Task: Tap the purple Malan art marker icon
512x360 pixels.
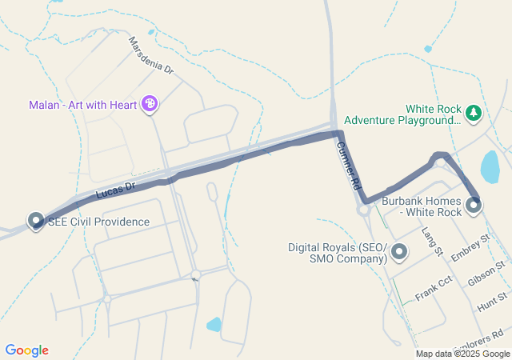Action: (x=149, y=103)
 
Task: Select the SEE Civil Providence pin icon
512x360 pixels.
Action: (x=35, y=220)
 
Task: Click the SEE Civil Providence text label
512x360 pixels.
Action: (x=99, y=222)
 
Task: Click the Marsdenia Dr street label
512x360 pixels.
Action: (x=150, y=55)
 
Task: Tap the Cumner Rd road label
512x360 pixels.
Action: (x=349, y=165)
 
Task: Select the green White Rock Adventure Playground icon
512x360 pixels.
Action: (x=474, y=113)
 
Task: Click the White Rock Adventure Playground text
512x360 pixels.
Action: (x=433, y=114)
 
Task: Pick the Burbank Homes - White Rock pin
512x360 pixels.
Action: (x=474, y=205)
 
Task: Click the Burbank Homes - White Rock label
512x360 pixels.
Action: (x=422, y=206)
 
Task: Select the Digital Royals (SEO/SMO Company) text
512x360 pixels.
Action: (x=338, y=253)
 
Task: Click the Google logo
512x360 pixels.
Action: (x=26, y=350)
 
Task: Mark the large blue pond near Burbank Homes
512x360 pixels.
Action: (x=489, y=167)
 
